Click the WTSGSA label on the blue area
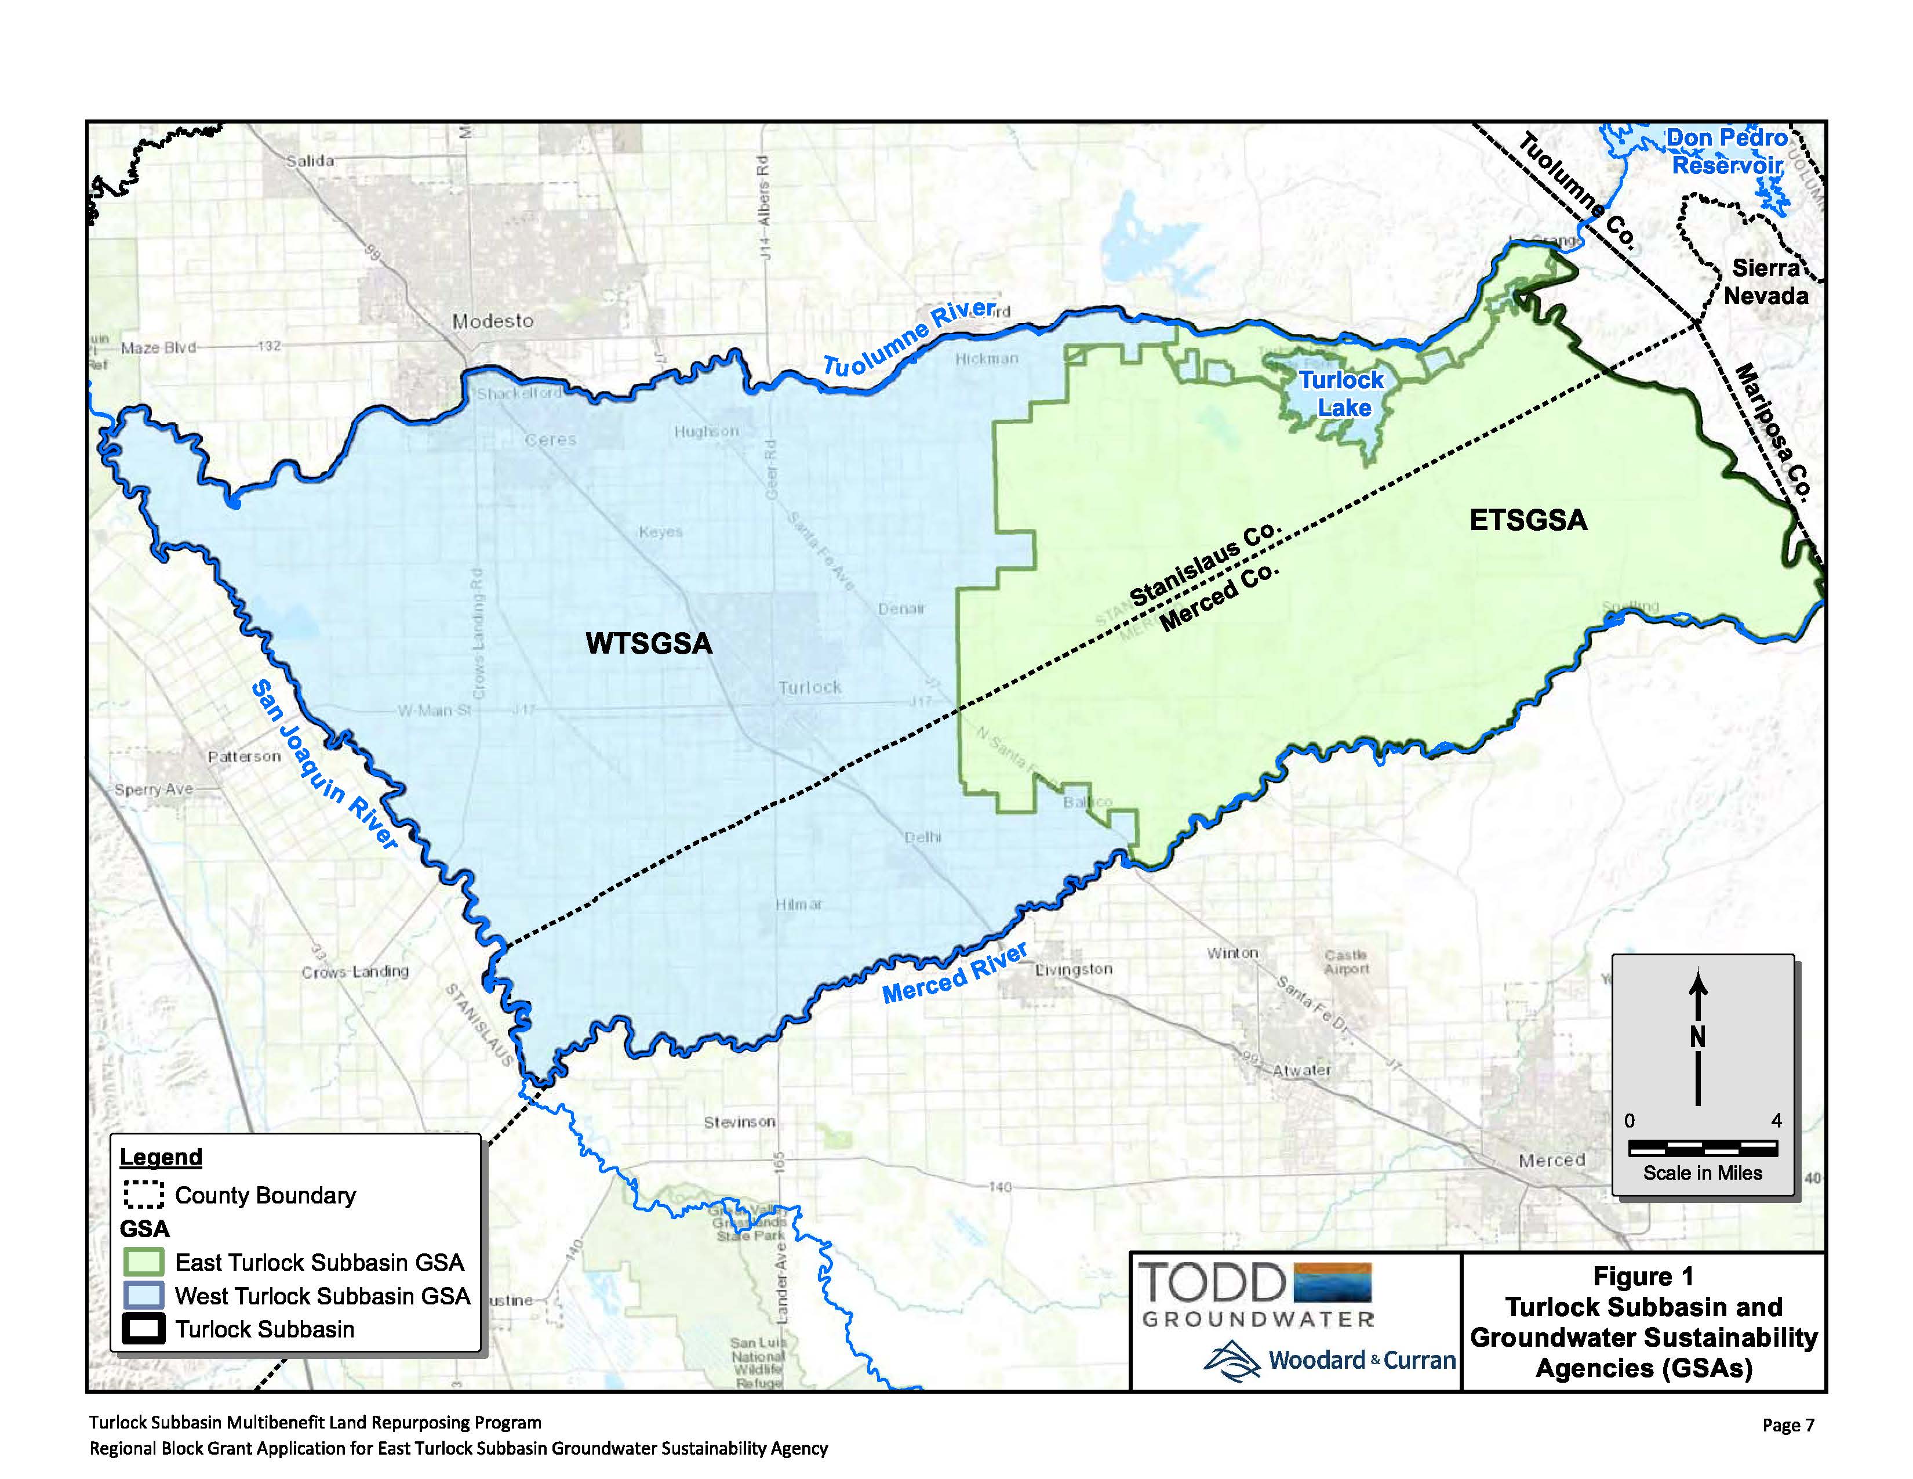pos(648,643)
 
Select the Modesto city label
pos(492,321)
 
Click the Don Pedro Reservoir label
pos(1726,151)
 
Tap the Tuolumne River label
pos(909,338)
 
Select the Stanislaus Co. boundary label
pos(1205,565)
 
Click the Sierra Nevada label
pos(1765,282)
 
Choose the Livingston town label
pos(1073,969)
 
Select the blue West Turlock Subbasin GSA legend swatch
pos(143,1295)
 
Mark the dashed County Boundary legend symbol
pos(143,1195)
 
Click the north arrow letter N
pos(1697,1036)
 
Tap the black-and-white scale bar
pos(1702,1147)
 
